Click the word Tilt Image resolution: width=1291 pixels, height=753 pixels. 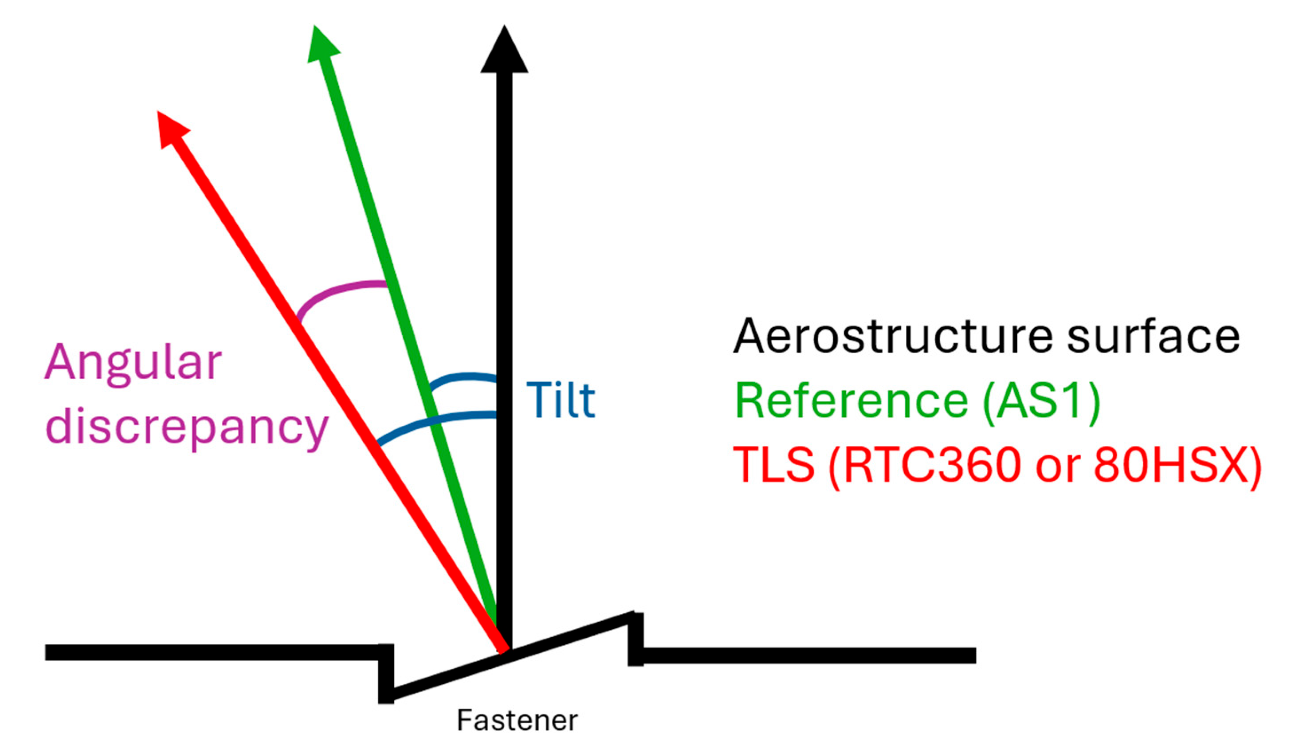561,400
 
